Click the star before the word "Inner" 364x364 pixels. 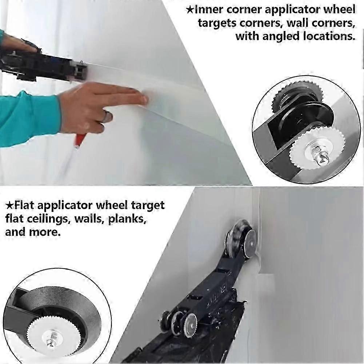pos(189,9)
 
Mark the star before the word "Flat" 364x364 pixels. pos(9,205)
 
